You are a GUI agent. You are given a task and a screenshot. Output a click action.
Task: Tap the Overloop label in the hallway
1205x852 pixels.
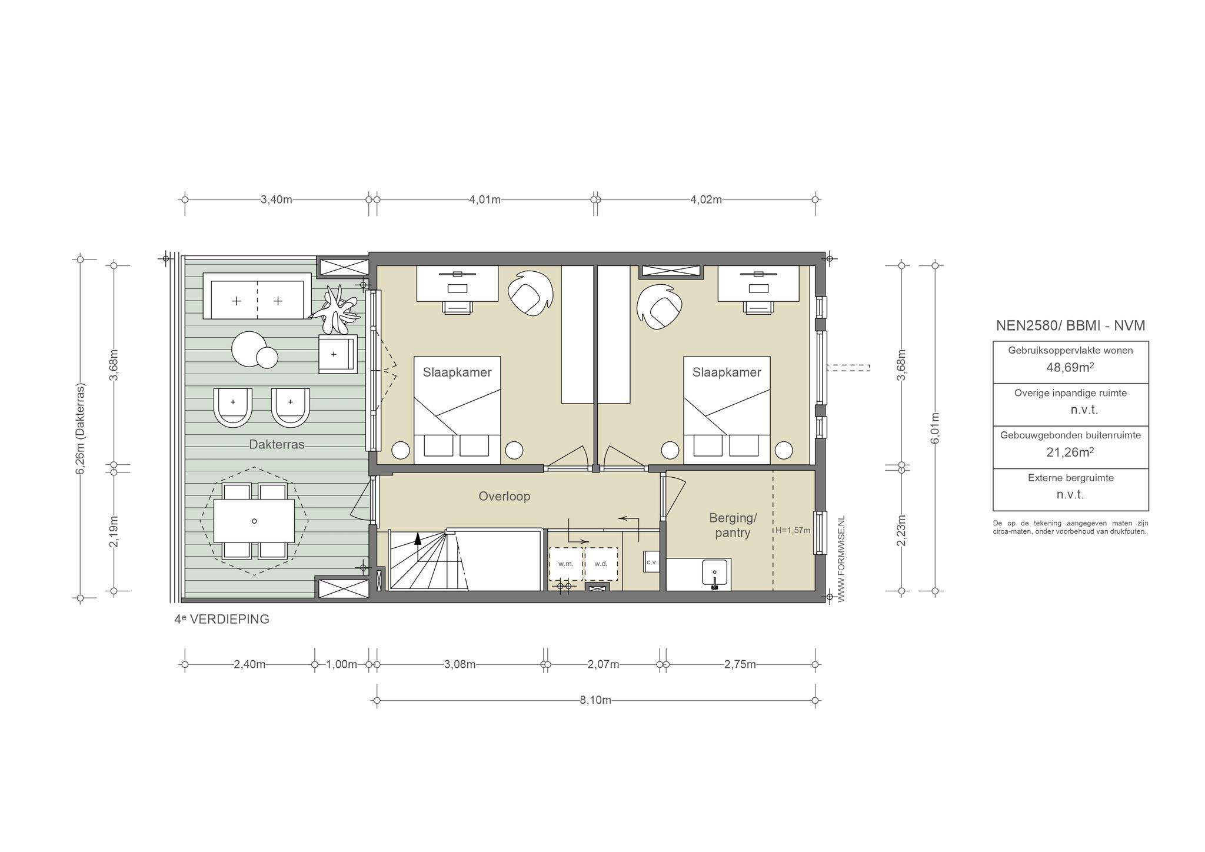(504, 496)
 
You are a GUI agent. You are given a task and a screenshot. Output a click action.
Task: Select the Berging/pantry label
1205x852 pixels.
(733, 525)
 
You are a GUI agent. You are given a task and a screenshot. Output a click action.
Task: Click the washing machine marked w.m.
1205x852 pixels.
(566, 564)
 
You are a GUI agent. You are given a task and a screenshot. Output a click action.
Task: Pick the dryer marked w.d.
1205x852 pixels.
(601, 564)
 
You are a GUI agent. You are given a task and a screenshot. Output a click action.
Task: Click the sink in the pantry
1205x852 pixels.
(715, 573)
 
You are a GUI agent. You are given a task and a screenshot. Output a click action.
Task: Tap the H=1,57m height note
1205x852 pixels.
(793, 530)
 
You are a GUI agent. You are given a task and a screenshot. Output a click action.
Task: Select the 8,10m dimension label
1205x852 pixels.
(595, 700)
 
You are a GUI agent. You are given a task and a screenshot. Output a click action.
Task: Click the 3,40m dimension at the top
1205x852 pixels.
(277, 199)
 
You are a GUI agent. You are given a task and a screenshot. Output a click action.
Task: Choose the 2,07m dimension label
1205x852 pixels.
(604, 665)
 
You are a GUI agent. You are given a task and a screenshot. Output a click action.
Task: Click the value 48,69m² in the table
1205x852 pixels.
(1070, 367)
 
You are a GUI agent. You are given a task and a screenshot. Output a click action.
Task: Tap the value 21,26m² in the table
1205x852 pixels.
(1070, 452)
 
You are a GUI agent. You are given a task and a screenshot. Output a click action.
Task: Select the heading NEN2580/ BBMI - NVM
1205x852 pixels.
(1070, 325)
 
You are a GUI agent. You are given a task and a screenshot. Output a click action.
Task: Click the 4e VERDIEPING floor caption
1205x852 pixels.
(222, 619)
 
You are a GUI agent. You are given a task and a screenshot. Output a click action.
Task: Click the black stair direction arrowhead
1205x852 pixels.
(418, 537)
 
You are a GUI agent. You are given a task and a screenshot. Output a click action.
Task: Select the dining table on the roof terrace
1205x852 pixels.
(254, 521)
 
